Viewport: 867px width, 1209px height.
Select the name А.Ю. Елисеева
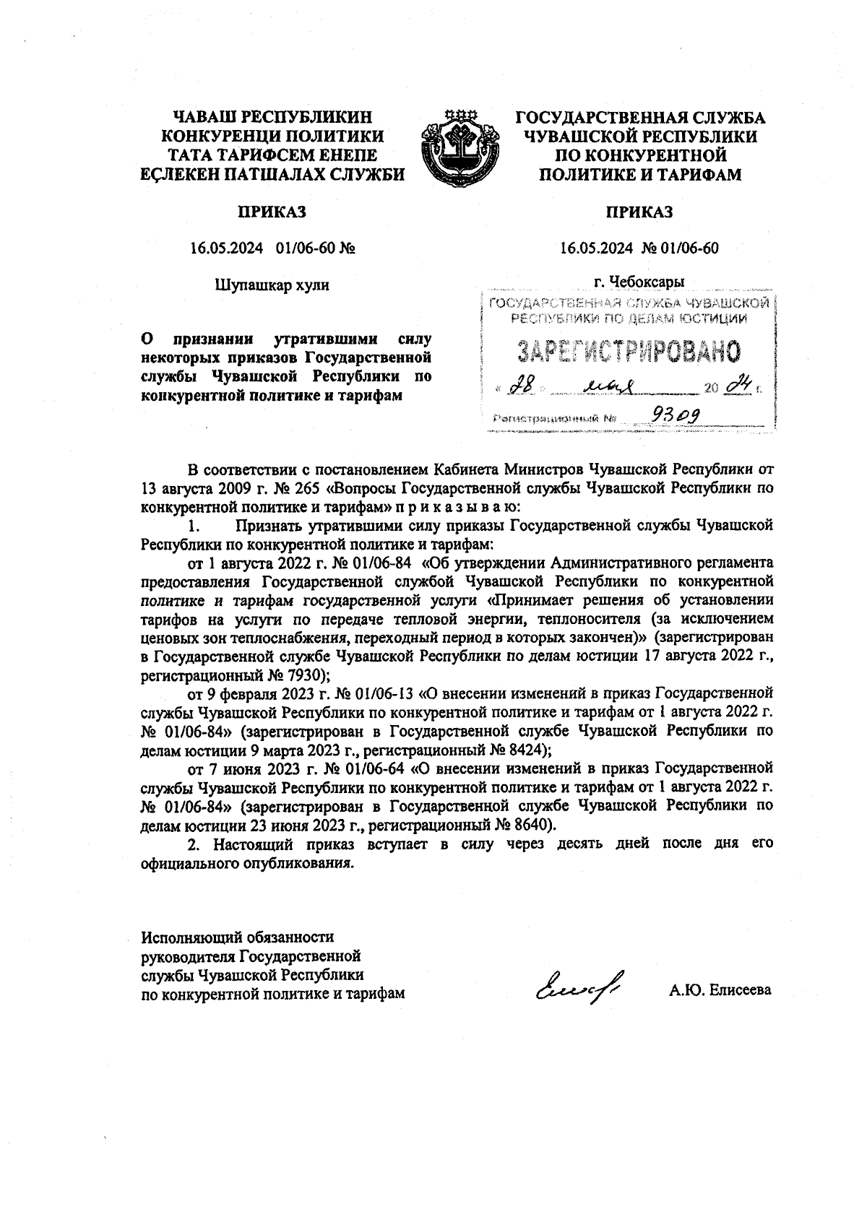tap(720, 990)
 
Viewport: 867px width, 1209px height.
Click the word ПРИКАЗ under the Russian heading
tap(639, 212)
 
